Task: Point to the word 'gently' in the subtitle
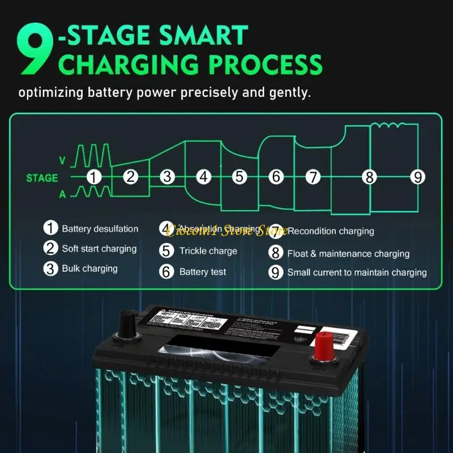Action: (x=288, y=92)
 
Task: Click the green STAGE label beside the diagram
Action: (x=42, y=178)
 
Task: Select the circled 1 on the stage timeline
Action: (x=94, y=177)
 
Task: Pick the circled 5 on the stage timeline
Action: (x=240, y=177)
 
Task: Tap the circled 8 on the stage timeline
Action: (x=369, y=177)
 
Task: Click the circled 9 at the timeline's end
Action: (x=417, y=177)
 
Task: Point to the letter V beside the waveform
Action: (x=63, y=161)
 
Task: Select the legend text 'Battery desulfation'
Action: (x=100, y=229)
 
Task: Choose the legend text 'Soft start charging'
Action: (x=99, y=249)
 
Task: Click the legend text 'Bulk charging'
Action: (x=89, y=268)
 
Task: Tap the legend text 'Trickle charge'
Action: (x=208, y=251)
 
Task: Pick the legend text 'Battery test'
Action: (x=202, y=272)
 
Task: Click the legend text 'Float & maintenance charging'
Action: (x=348, y=254)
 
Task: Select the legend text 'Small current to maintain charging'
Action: (x=357, y=272)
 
